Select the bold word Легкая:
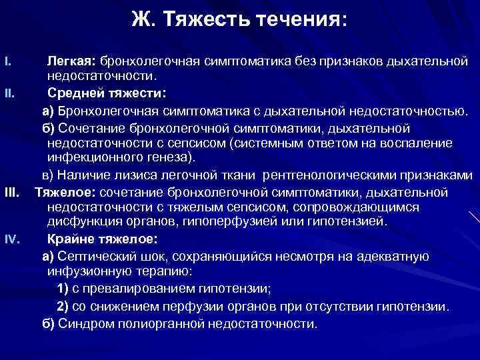(x=71, y=62)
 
